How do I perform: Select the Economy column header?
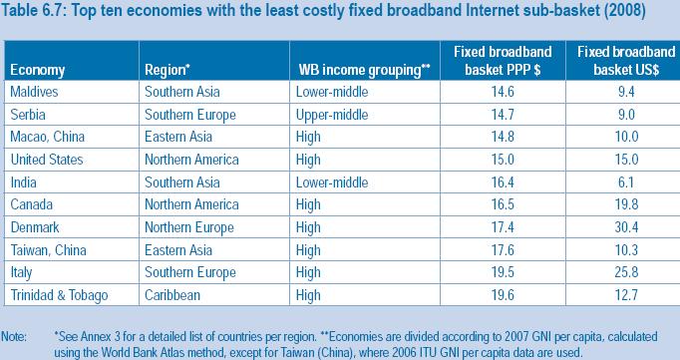point(39,69)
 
